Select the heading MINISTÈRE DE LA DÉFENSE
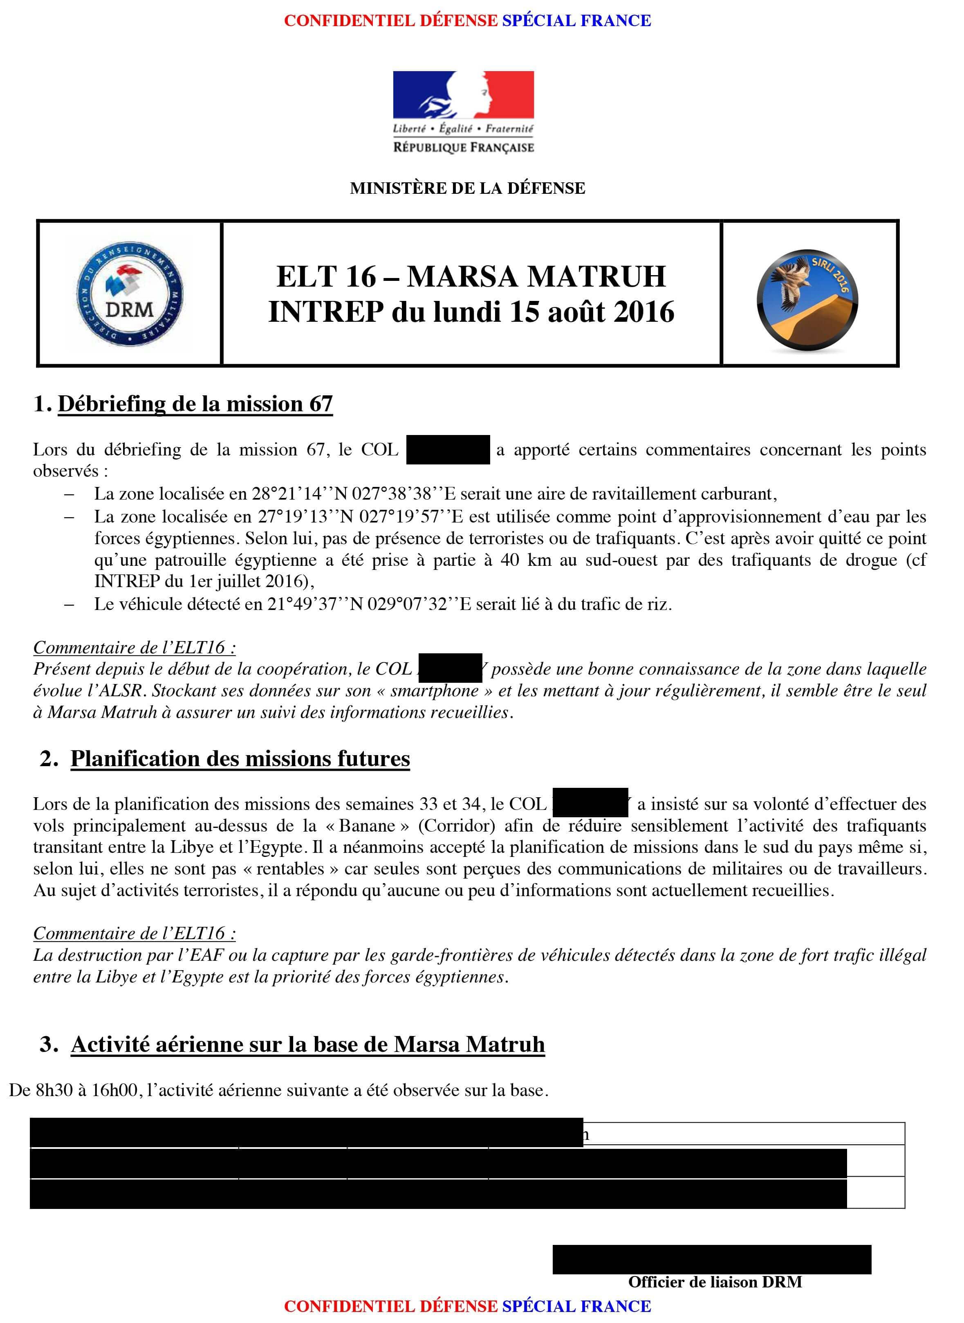pyautogui.click(x=467, y=188)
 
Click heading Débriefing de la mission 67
pyautogui.click(x=195, y=404)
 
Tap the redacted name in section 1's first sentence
pyautogui.click(x=448, y=449)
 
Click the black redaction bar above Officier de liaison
pyautogui.click(x=711, y=1259)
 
